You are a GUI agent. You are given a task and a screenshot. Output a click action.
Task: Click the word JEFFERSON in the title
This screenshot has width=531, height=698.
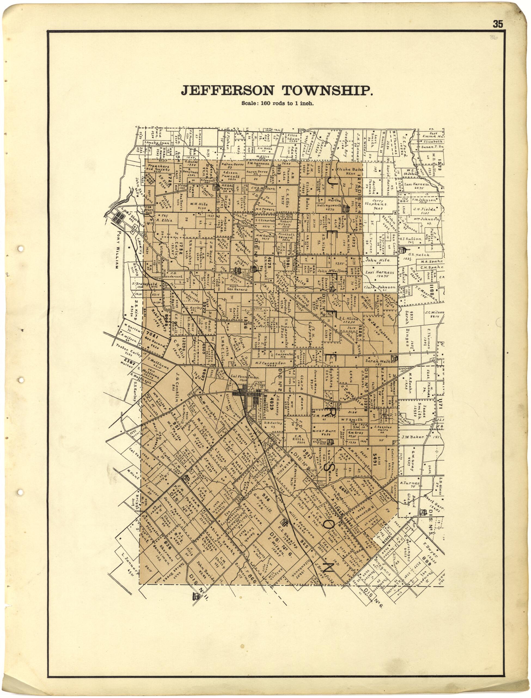pos(228,91)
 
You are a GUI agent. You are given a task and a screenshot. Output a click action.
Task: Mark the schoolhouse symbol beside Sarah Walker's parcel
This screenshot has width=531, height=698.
pos(394,358)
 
